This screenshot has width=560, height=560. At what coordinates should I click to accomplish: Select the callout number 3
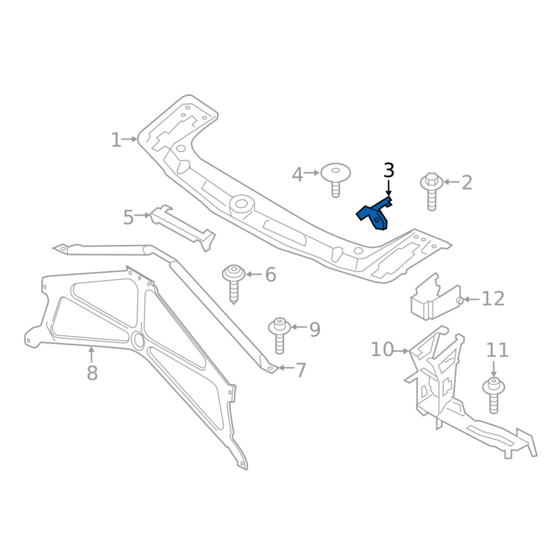click(x=388, y=170)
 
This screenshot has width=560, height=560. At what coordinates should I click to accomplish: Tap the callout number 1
click(x=115, y=140)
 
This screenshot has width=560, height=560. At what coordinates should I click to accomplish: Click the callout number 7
click(x=301, y=370)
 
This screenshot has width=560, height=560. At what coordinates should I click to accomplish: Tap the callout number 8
click(x=92, y=373)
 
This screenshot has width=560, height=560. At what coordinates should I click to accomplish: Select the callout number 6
click(x=270, y=275)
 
